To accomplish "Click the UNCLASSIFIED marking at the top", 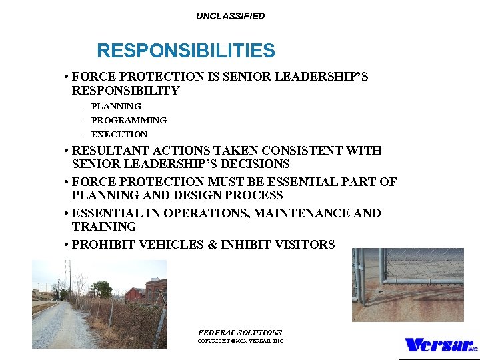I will (230, 16).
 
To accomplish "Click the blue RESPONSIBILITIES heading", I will (185, 51).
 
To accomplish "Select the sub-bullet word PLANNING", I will (116, 106).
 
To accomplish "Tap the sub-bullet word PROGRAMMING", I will (129, 120).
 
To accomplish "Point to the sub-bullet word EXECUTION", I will (119, 134).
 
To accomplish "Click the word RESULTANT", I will (106, 151).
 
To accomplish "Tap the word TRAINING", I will (104, 227).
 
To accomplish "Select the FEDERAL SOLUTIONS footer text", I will (240, 332).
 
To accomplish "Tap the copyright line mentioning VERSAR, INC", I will (240, 341).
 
